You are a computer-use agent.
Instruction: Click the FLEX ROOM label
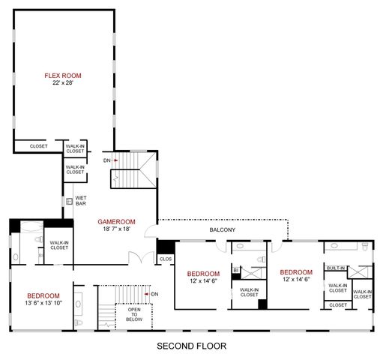click(x=62, y=76)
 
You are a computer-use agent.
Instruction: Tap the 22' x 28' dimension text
click(x=62, y=83)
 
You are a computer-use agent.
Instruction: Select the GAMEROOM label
click(x=116, y=221)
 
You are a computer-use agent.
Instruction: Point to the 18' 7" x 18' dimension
click(x=116, y=229)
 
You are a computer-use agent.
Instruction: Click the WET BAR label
click(x=81, y=200)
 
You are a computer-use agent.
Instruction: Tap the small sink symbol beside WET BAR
click(x=68, y=201)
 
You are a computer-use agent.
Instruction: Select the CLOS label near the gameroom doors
click(x=166, y=259)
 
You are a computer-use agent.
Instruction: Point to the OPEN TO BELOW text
click(x=134, y=313)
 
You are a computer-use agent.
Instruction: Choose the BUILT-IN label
click(x=336, y=268)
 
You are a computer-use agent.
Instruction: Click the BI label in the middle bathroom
click(x=235, y=269)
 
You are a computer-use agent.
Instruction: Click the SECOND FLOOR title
click(x=190, y=346)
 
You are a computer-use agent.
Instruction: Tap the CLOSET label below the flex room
click(x=38, y=146)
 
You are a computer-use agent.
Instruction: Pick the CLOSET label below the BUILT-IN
click(x=338, y=304)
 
